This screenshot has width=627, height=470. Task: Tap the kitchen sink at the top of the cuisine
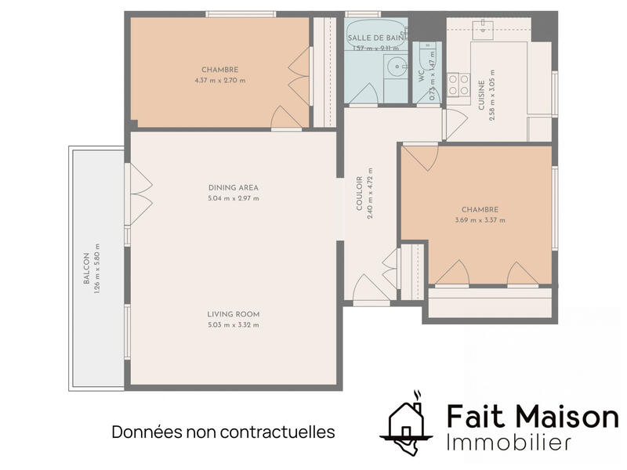click(x=482, y=31)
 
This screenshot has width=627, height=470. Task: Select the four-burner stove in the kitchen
click(x=458, y=84)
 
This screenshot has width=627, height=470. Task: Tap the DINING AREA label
click(x=233, y=187)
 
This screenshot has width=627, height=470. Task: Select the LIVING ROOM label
click(x=233, y=314)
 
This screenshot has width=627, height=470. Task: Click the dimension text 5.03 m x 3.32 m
click(x=233, y=325)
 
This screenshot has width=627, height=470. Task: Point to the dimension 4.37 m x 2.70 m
click(x=220, y=80)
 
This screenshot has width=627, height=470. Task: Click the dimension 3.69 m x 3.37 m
click(x=480, y=220)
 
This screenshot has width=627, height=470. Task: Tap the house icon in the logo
click(x=406, y=423)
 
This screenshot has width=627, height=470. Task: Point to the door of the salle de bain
click(x=364, y=94)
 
